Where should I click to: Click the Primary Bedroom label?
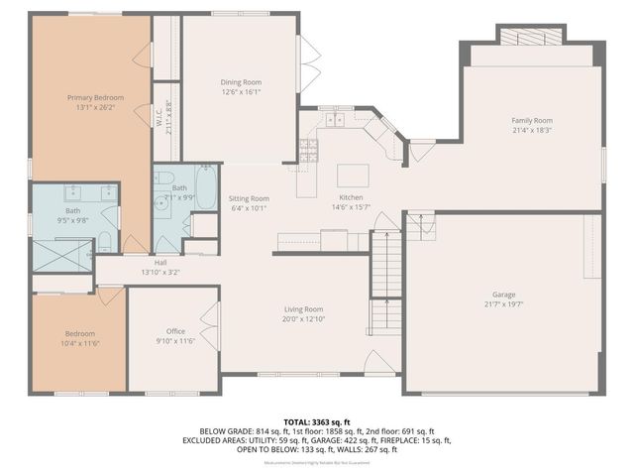tap(95, 97)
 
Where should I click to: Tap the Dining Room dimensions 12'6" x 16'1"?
tap(240, 91)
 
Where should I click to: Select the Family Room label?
tap(531, 119)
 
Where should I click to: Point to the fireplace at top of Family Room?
tap(532, 37)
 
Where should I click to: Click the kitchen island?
tap(351, 176)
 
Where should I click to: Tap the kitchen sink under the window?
tap(335, 121)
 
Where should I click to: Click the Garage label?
tap(504, 296)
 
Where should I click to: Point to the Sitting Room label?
tap(250, 198)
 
